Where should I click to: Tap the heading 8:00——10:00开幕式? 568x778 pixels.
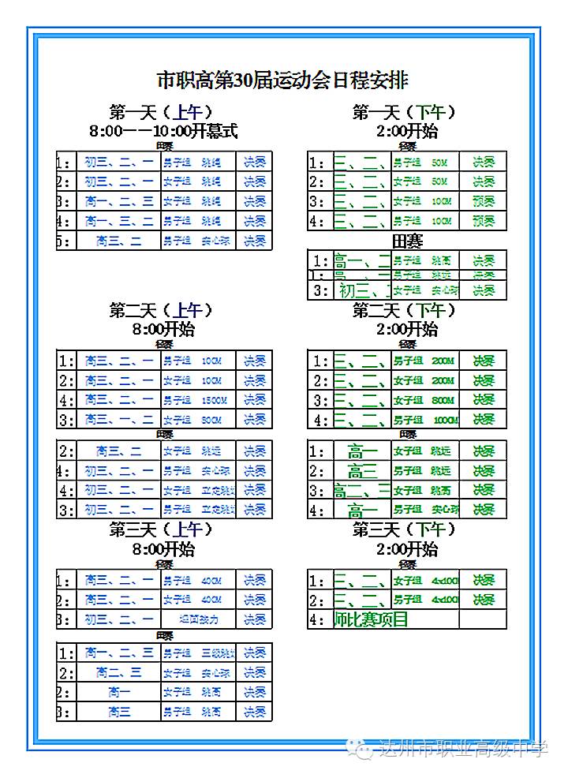(x=164, y=130)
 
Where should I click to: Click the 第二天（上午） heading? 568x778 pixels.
(x=163, y=310)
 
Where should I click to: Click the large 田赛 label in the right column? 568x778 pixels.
(x=407, y=241)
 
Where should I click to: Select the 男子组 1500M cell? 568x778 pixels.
(x=198, y=400)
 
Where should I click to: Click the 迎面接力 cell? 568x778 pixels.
(x=198, y=619)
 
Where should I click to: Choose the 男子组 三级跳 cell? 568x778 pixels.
(x=198, y=653)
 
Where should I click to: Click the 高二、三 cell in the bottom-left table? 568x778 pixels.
(x=118, y=673)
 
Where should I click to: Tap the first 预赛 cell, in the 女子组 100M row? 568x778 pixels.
(x=483, y=201)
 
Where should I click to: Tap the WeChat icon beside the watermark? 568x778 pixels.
(x=364, y=749)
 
